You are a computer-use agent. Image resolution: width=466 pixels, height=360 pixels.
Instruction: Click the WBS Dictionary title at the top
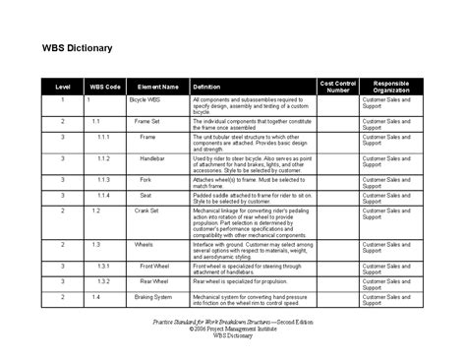77,47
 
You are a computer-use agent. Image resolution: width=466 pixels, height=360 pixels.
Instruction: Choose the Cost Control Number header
338,87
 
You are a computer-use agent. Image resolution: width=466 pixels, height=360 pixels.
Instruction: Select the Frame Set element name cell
149,121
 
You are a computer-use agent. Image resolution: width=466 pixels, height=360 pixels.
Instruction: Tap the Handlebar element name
151,157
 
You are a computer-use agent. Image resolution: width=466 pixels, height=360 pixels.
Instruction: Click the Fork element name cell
148,180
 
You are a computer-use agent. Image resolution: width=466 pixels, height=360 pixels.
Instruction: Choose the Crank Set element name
150,210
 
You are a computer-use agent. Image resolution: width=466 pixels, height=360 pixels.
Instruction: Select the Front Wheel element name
151,266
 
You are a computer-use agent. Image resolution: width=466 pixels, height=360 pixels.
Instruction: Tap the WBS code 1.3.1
103,266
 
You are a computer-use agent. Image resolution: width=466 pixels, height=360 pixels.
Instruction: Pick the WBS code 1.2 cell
96,210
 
